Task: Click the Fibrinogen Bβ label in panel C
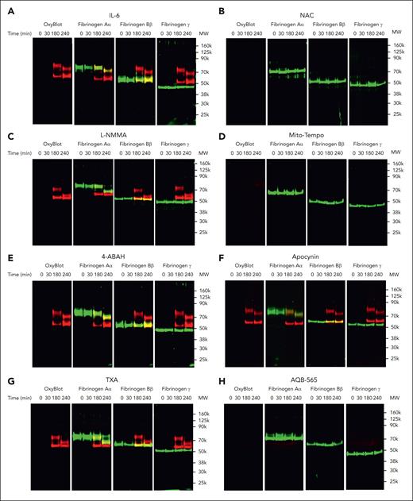133,148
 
